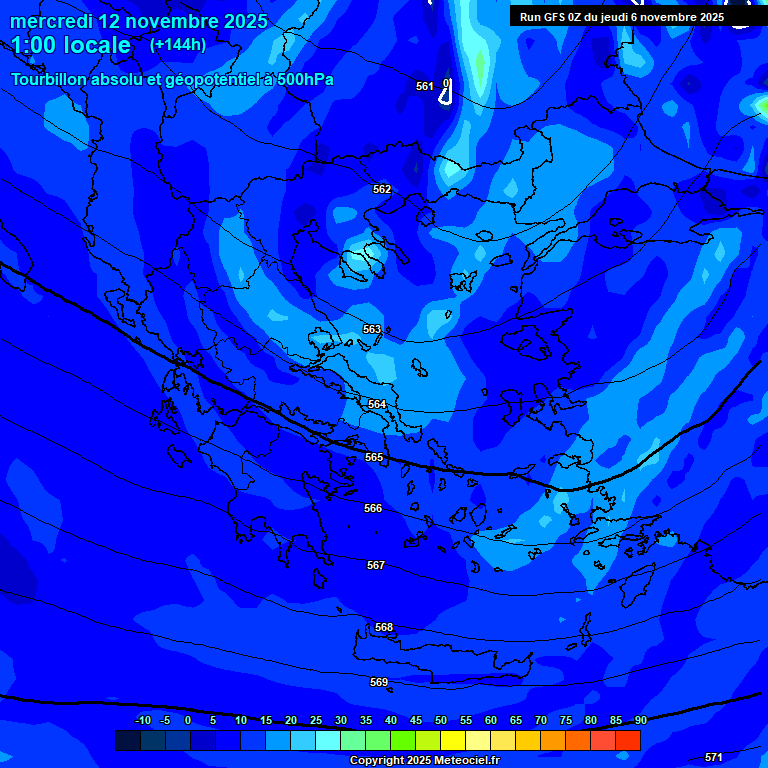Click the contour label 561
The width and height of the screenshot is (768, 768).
[x=425, y=86]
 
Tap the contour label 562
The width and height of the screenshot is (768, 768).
[x=382, y=189]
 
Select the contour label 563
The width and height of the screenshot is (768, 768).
[x=372, y=329]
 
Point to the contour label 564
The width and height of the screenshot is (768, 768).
[x=377, y=404]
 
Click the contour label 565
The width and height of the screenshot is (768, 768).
[x=374, y=457]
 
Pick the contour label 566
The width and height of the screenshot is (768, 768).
[x=373, y=508]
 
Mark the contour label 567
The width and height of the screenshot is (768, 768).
[x=376, y=565]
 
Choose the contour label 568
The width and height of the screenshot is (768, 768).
[x=384, y=627]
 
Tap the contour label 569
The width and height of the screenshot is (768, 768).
[x=379, y=682]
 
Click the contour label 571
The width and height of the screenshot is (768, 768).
[x=714, y=757]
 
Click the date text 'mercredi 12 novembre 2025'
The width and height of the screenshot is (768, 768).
[x=139, y=21]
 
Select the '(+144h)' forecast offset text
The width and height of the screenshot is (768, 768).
[x=178, y=45]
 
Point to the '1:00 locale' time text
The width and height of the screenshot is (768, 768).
[x=71, y=45]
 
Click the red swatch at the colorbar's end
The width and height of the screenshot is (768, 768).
[x=628, y=740]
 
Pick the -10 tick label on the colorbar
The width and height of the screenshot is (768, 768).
[x=142, y=720]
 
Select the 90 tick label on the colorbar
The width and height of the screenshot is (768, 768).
[x=640, y=720]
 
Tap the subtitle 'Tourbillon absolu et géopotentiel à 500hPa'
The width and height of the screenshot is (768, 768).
[x=173, y=80]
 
